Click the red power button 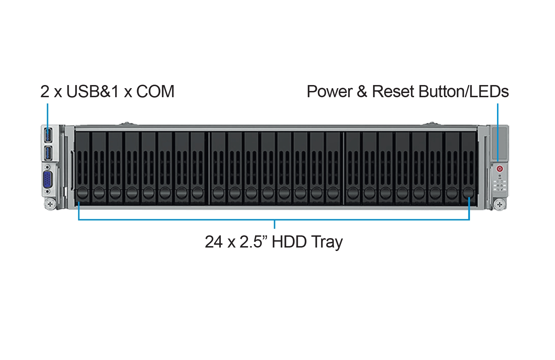500,169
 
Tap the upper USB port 48,135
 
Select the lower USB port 48,153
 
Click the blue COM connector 48,179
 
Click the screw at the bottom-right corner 499,204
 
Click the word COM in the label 155,91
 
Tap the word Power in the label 329,91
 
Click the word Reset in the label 393,91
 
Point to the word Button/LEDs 463,91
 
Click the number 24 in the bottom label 213,242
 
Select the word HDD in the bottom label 289,242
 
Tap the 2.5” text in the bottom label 254,242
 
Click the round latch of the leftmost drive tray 83,193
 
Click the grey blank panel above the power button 499,144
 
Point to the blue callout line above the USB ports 48,119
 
